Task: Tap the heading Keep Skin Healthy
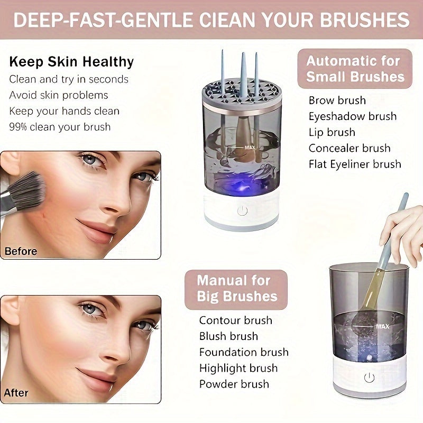(71, 62)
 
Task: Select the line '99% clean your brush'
(60, 127)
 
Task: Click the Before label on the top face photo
(21, 251)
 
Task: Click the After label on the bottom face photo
(16, 393)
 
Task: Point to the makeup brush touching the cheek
(21, 193)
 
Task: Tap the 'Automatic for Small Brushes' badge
(355, 69)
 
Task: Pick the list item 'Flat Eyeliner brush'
(355, 164)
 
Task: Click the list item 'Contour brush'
(235, 320)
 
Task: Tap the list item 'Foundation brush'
(244, 352)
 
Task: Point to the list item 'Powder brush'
(234, 384)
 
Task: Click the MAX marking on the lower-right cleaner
(382, 327)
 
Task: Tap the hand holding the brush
(404, 227)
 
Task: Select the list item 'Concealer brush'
(350, 148)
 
